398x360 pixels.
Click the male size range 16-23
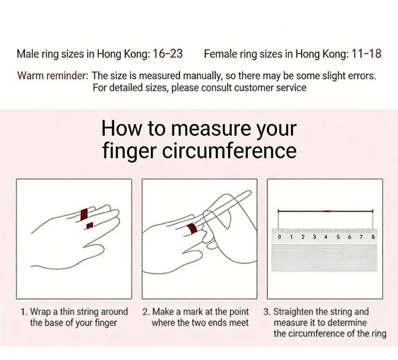coord(168,53)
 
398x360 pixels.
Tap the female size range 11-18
coord(366,53)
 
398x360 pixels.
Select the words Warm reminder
coord(53,75)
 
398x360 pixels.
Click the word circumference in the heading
coord(229,150)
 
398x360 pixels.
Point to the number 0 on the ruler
coord(279,237)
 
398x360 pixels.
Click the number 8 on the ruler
coord(373,237)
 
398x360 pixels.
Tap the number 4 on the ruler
coord(326,237)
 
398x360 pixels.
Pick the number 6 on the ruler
coord(349,237)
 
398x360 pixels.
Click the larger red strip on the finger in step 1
coord(84,214)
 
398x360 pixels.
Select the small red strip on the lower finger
coord(90,225)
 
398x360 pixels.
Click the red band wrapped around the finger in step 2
coord(192,229)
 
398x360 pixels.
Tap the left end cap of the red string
coord(278,211)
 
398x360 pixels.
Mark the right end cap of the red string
coord(372,211)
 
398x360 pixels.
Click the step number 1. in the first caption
coord(25,312)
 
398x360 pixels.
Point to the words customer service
coord(270,87)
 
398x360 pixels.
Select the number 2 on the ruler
coord(303,237)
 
